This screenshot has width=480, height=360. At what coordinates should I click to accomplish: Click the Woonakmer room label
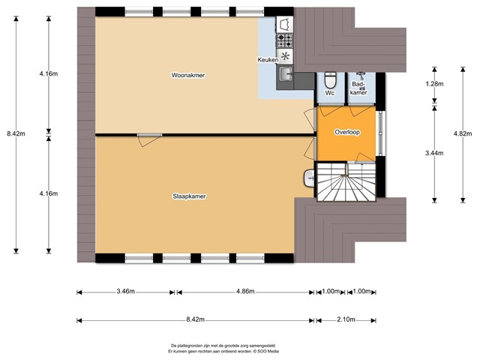[188, 75]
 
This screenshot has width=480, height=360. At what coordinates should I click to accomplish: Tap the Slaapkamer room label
[189, 196]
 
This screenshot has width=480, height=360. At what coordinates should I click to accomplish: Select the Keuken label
[268, 60]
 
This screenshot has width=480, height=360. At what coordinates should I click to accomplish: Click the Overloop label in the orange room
[347, 132]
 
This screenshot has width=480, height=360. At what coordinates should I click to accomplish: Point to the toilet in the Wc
[330, 79]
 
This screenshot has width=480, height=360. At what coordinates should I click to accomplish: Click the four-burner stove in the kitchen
[285, 40]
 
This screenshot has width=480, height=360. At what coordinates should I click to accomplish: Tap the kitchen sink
[286, 74]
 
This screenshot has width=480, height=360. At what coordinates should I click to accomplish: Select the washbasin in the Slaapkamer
[310, 178]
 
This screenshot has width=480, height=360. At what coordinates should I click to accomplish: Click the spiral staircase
[346, 181]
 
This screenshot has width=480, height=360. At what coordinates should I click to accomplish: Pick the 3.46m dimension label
[125, 291]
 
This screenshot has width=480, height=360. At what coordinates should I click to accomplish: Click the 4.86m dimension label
[245, 291]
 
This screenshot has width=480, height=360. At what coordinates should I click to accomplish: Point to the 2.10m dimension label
[346, 319]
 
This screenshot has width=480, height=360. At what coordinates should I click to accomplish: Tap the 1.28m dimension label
[434, 84]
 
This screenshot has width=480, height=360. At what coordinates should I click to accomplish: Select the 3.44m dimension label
[434, 153]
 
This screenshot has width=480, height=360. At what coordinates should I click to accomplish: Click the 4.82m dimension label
[463, 133]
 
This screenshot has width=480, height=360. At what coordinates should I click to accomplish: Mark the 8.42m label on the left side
[16, 133]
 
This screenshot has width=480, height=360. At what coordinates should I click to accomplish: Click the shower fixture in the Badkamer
[361, 75]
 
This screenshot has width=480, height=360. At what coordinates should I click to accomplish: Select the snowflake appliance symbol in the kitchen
[285, 56]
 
